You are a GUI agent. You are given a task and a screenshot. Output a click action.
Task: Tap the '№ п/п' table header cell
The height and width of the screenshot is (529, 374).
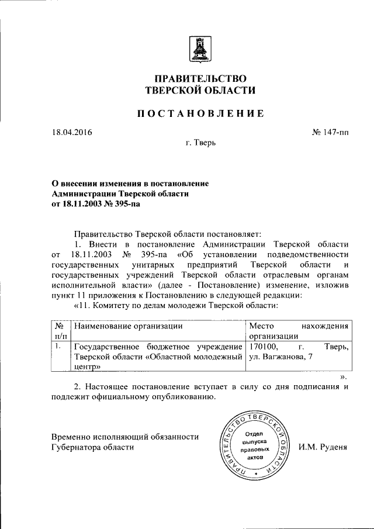60,331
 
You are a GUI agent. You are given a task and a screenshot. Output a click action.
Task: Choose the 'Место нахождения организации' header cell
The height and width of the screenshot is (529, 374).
299,331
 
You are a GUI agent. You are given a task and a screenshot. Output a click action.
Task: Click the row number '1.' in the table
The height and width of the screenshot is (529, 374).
58,346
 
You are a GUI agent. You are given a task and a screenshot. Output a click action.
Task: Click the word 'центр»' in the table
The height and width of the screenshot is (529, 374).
88,367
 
